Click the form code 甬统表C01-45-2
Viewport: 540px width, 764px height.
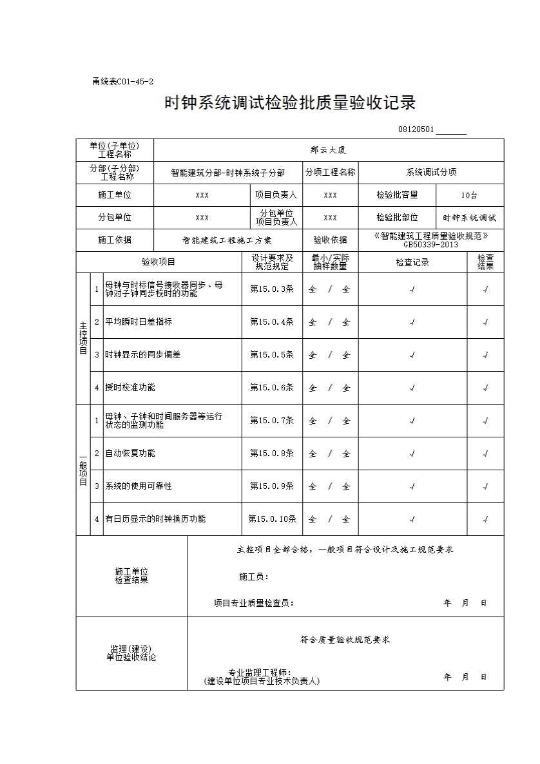(123, 82)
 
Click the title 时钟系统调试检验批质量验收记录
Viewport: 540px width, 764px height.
(290, 103)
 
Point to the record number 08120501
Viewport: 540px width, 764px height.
(416, 130)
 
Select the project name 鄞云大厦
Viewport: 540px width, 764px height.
(329, 150)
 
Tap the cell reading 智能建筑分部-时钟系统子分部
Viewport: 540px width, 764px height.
(227, 173)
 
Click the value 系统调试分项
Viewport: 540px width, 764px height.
(431, 173)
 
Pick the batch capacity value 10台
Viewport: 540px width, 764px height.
(469, 195)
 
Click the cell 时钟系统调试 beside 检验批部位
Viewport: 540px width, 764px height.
(470, 218)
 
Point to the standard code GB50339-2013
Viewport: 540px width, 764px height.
(431, 245)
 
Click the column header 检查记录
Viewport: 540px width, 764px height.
(412, 262)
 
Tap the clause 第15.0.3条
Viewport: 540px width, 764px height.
(272, 289)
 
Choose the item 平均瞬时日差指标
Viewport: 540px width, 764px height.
(139, 321)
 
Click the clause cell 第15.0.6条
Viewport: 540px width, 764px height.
(272, 388)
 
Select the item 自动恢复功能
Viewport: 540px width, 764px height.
(130, 454)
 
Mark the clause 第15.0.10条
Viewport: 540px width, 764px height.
(272, 519)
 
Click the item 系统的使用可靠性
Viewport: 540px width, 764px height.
(139, 486)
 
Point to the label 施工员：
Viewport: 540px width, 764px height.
(253, 577)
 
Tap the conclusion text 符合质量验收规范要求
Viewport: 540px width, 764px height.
(345, 640)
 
